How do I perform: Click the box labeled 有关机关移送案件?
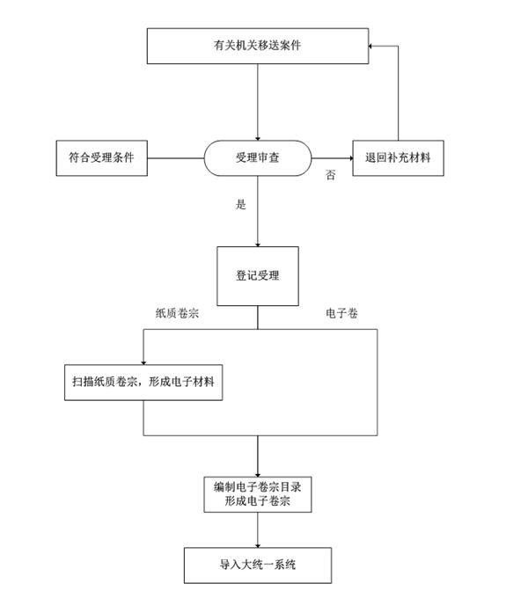click(258, 46)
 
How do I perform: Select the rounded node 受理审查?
click(258, 158)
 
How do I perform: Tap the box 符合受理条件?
click(102, 158)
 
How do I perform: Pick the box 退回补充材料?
click(398, 158)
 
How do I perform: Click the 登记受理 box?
click(258, 276)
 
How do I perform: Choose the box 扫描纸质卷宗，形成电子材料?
click(143, 383)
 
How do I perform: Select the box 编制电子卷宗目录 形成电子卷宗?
click(258, 494)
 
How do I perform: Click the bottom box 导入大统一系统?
click(258, 565)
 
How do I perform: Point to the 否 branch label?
click(330, 175)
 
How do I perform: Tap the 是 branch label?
click(241, 205)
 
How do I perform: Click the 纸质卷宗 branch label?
click(177, 313)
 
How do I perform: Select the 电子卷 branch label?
click(341, 313)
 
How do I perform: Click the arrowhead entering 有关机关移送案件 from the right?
click(371, 46)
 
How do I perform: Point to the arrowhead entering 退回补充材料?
click(350, 158)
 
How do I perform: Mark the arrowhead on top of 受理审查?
click(258, 138)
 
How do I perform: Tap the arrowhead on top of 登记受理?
click(258, 244)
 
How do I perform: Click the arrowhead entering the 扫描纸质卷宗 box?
click(143, 362)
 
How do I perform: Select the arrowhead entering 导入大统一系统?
click(258, 545)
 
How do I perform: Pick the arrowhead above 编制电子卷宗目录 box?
click(258, 475)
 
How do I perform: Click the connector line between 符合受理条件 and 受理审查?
click(176, 158)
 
